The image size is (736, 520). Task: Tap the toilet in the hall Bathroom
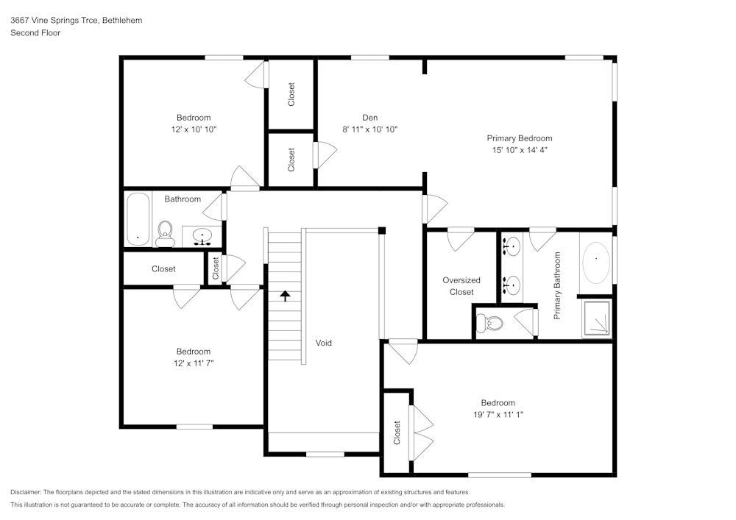pos(165,232)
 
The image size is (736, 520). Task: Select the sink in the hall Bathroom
pos(202,236)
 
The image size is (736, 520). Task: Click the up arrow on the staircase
pos(285,296)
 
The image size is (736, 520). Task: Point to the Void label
pos(324,343)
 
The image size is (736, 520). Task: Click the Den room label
pos(369,118)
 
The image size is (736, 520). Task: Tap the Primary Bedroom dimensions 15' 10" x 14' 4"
pos(519,149)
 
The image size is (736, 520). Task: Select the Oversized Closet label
pos(461,285)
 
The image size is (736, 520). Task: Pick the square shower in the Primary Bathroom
pos(597,318)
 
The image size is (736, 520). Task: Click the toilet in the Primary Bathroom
pos(490,322)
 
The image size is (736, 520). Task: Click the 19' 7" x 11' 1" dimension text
pos(498,414)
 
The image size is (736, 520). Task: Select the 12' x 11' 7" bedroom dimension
pos(193,363)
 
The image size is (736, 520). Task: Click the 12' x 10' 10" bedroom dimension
pos(193,129)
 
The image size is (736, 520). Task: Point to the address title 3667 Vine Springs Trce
pos(76,21)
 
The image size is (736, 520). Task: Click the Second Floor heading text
pos(35,33)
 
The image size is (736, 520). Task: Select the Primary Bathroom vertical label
pos(557,285)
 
